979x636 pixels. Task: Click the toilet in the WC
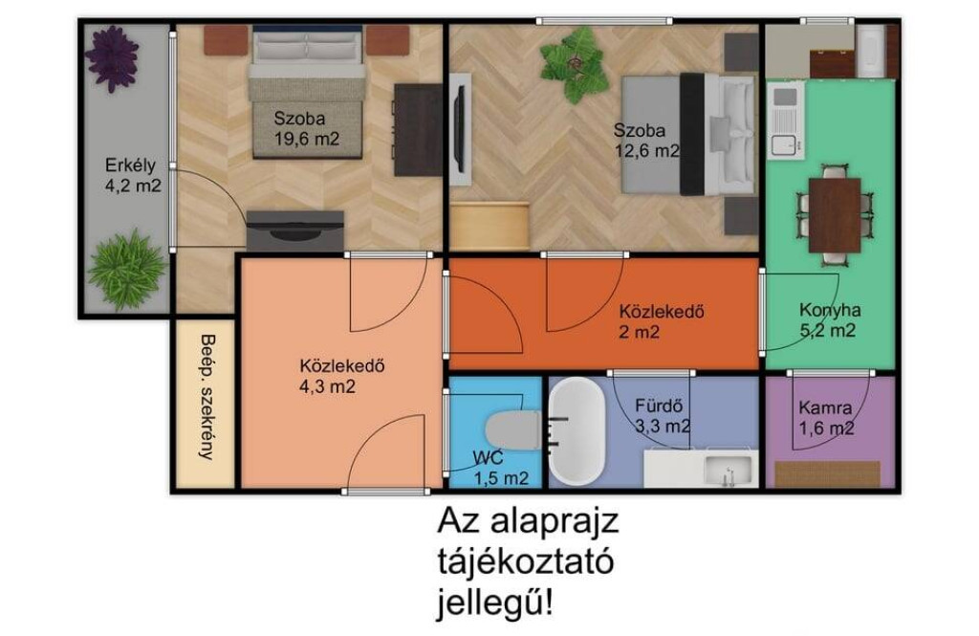tap(513, 429)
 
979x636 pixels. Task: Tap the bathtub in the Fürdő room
tap(577, 431)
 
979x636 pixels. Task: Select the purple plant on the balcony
tap(112, 58)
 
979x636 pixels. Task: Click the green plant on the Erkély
tap(127, 270)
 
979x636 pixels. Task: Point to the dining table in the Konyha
tap(835, 215)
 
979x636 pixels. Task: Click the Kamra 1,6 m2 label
tap(826, 418)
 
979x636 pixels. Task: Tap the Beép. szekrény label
tap(207, 397)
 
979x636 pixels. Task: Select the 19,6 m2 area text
tap(307, 139)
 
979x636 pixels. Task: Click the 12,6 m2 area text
tap(647, 150)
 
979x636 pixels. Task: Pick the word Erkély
tap(130, 165)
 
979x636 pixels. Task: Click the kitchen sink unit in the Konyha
tap(785, 121)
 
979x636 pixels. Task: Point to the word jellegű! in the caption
tap(494, 603)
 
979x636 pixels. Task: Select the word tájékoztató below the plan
tap(526, 561)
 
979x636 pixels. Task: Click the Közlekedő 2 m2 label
tap(662, 321)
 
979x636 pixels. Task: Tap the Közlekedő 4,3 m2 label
tap(341, 376)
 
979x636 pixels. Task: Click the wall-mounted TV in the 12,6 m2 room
tap(460, 129)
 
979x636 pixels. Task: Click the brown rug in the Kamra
tap(827, 474)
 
